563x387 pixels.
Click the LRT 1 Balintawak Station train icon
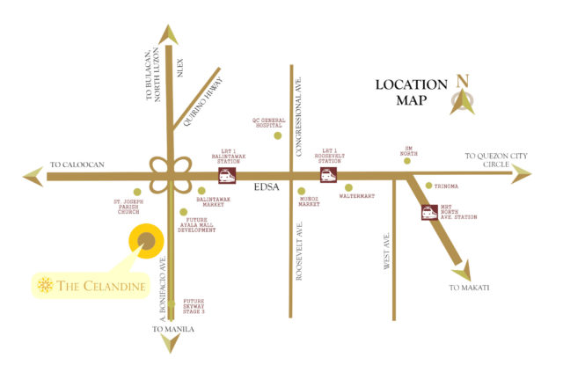click(226, 176)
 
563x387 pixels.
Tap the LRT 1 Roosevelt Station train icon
click(328, 176)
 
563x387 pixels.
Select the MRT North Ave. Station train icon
click(429, 212)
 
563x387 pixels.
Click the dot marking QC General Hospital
click(278, 135)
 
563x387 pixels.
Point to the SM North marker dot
click(407, 161)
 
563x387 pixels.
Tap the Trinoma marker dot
click(428, 186)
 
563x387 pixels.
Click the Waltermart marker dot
click(349, 187)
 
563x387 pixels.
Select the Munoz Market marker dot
click(302, 191)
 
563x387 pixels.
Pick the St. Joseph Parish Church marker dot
click(136, 192)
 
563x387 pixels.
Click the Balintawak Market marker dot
click(201, 190)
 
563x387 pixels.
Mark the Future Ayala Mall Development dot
click(184, 212)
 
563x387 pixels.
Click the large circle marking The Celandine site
click(147, 241)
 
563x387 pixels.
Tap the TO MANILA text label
click(172, 330)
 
